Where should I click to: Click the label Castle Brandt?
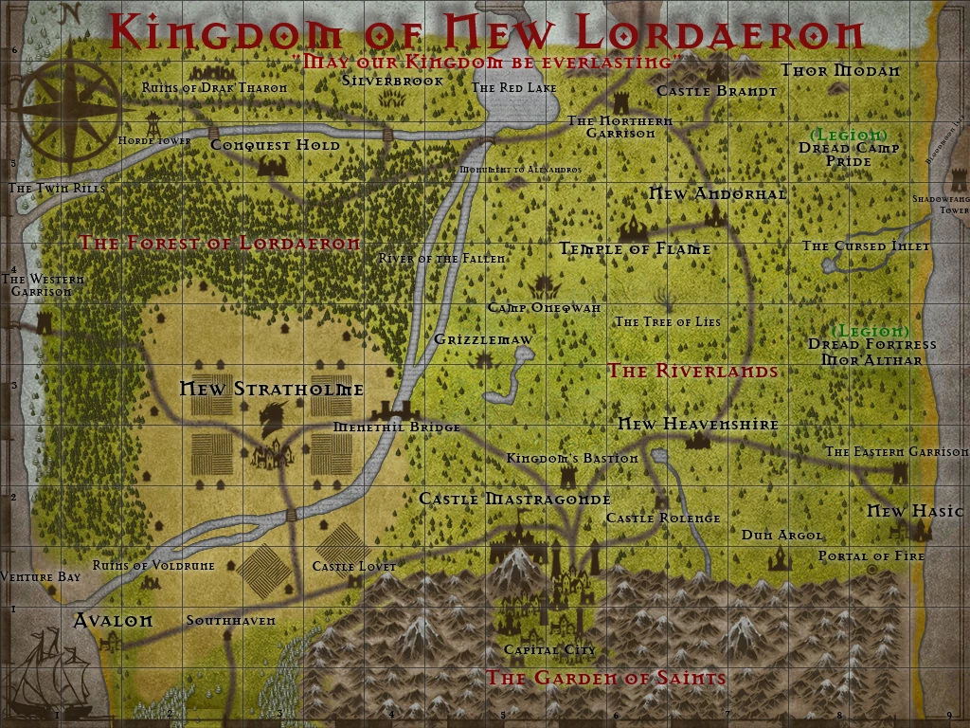click(716, 91)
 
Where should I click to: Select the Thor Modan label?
click(839, 70)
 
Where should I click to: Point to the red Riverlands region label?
click(692, 371)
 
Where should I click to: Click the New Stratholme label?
click(272, 389)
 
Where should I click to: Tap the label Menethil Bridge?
click(397, 428)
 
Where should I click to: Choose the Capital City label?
click(550, 650)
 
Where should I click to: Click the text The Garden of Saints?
click(606, 678)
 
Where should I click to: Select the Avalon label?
click(113, 621)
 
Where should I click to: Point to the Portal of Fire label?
click(871, 555)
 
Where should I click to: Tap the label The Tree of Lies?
click(668, 321)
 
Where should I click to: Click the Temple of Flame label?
click(635, 249)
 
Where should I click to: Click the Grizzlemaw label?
click(483, 338)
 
